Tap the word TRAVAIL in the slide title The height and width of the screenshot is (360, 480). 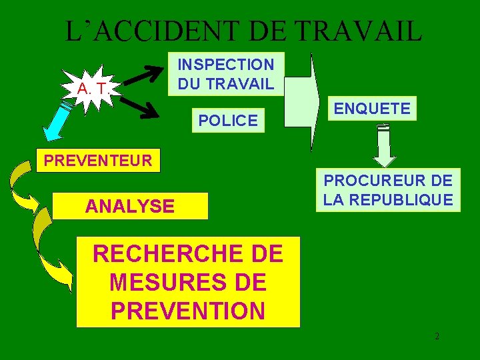point(358,31)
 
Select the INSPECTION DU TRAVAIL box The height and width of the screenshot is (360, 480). point(225,74)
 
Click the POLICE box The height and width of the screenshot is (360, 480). point(228,121)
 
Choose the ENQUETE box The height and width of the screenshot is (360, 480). point(373,109)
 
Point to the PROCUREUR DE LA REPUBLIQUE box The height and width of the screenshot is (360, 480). point(389,190)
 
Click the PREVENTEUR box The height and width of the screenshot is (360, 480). point(98,161)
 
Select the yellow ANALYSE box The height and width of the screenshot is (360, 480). point(130,207)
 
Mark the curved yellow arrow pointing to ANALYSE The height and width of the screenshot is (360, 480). point(23,189)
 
